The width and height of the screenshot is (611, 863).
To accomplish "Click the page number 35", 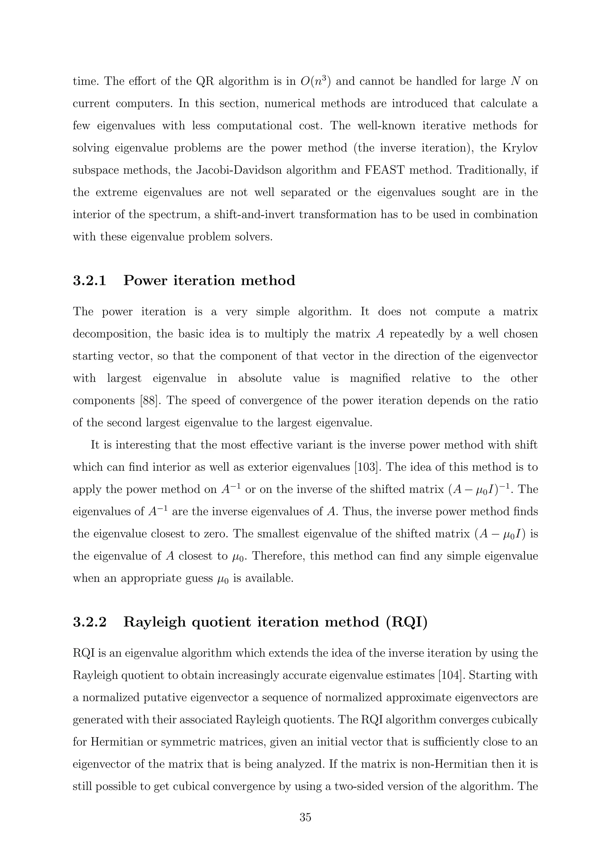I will [x=305, y=817].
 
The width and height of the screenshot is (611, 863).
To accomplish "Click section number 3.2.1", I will [x=90, y=281].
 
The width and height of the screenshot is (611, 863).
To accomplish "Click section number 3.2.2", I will [x=90, y=622].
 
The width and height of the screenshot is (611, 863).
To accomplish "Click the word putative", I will [x=161, y=698].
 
